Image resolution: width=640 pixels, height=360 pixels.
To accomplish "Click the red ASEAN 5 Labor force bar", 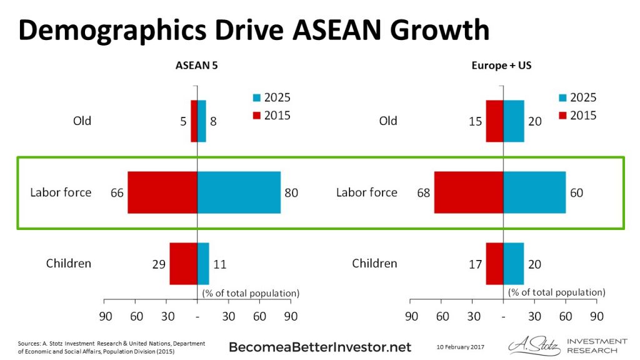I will coord(162,192).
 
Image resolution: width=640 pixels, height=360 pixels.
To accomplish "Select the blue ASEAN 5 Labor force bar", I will coord(239,192).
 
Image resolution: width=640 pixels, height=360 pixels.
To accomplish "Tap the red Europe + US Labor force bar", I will coord(469,192).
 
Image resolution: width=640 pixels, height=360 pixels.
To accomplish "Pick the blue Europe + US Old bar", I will coord(514,121).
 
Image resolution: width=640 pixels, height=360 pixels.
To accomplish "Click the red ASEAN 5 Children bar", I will coord(183,264).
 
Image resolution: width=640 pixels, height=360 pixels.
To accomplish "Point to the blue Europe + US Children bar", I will coord(514,264).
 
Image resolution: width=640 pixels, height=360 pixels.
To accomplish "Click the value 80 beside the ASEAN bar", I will coord(291,193).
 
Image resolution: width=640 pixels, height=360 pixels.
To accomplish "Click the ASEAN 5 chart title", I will coord(196,65).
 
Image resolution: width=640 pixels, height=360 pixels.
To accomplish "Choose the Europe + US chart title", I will coord(502,65).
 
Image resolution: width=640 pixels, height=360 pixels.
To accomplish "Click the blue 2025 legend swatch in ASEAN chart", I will coord(256,98).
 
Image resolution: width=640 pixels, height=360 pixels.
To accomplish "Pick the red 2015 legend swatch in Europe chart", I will coord(562,116).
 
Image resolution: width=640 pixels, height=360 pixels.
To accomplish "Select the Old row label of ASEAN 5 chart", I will coord(82,121).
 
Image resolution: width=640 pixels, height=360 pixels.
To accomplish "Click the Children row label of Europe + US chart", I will coord(374,263).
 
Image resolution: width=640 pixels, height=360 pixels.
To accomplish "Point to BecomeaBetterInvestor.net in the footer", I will coord(321,347).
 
